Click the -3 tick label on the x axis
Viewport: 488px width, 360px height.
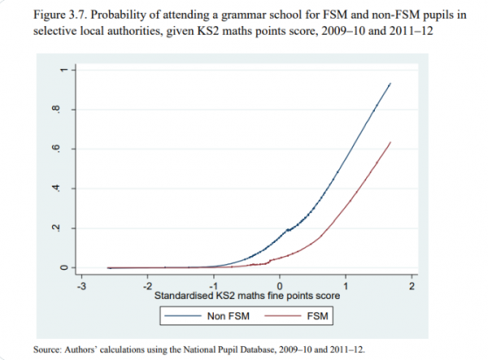point(81,285)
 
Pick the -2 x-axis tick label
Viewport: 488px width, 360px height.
point(147,285)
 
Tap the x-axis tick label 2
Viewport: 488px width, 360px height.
point(412,285)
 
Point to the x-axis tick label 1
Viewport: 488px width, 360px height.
point(346,285)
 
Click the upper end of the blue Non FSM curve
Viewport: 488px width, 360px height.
point(390,84)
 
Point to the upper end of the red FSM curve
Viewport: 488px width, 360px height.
point(390,142)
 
